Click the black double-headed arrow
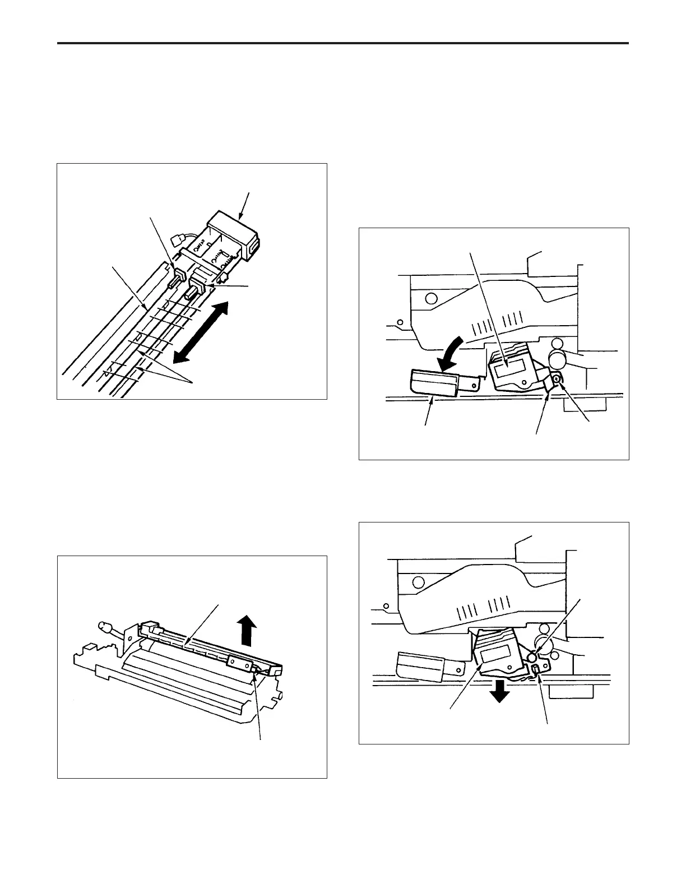click(x=200, y=332)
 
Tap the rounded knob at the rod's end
click(x=104, y=626)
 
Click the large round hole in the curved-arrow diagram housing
click(x=431, y=298)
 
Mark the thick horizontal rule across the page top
click(x=343, y=43)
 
